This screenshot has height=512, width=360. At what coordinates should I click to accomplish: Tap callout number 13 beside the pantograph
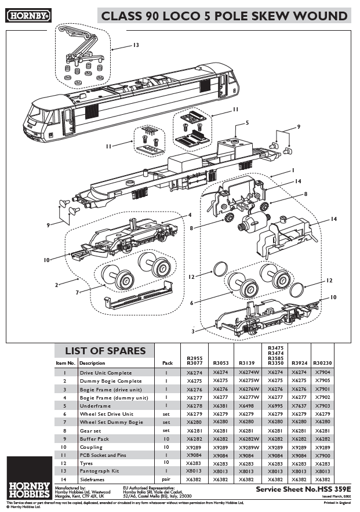coord(136,45)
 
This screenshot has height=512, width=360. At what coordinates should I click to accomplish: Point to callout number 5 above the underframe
coord(247,123)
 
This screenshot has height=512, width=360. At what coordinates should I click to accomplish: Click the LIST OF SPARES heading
coord(105,351)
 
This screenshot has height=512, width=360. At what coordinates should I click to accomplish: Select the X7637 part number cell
coord(299,406)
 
